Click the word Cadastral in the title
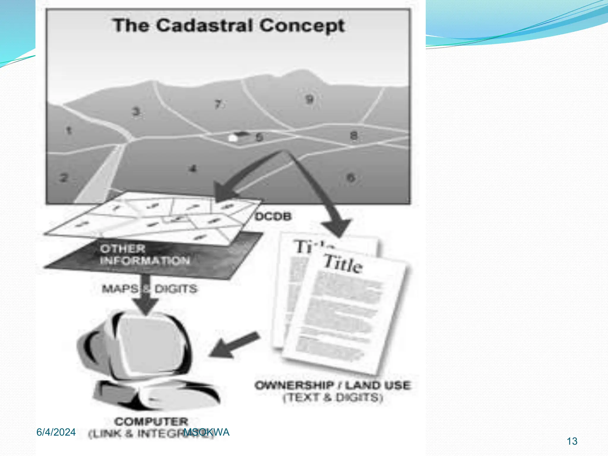205,26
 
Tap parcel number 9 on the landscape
309,99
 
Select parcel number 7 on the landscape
218,104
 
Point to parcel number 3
136,112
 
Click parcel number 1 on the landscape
69,130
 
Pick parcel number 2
64,178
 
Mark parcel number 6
351,178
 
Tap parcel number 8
354,136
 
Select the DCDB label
273,216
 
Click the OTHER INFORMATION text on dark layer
145,255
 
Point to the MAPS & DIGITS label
149,289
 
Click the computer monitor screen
151,344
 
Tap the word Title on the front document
343,263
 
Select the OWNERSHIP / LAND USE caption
333,385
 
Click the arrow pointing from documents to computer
235,345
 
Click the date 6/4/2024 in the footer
56,432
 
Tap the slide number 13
572,441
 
